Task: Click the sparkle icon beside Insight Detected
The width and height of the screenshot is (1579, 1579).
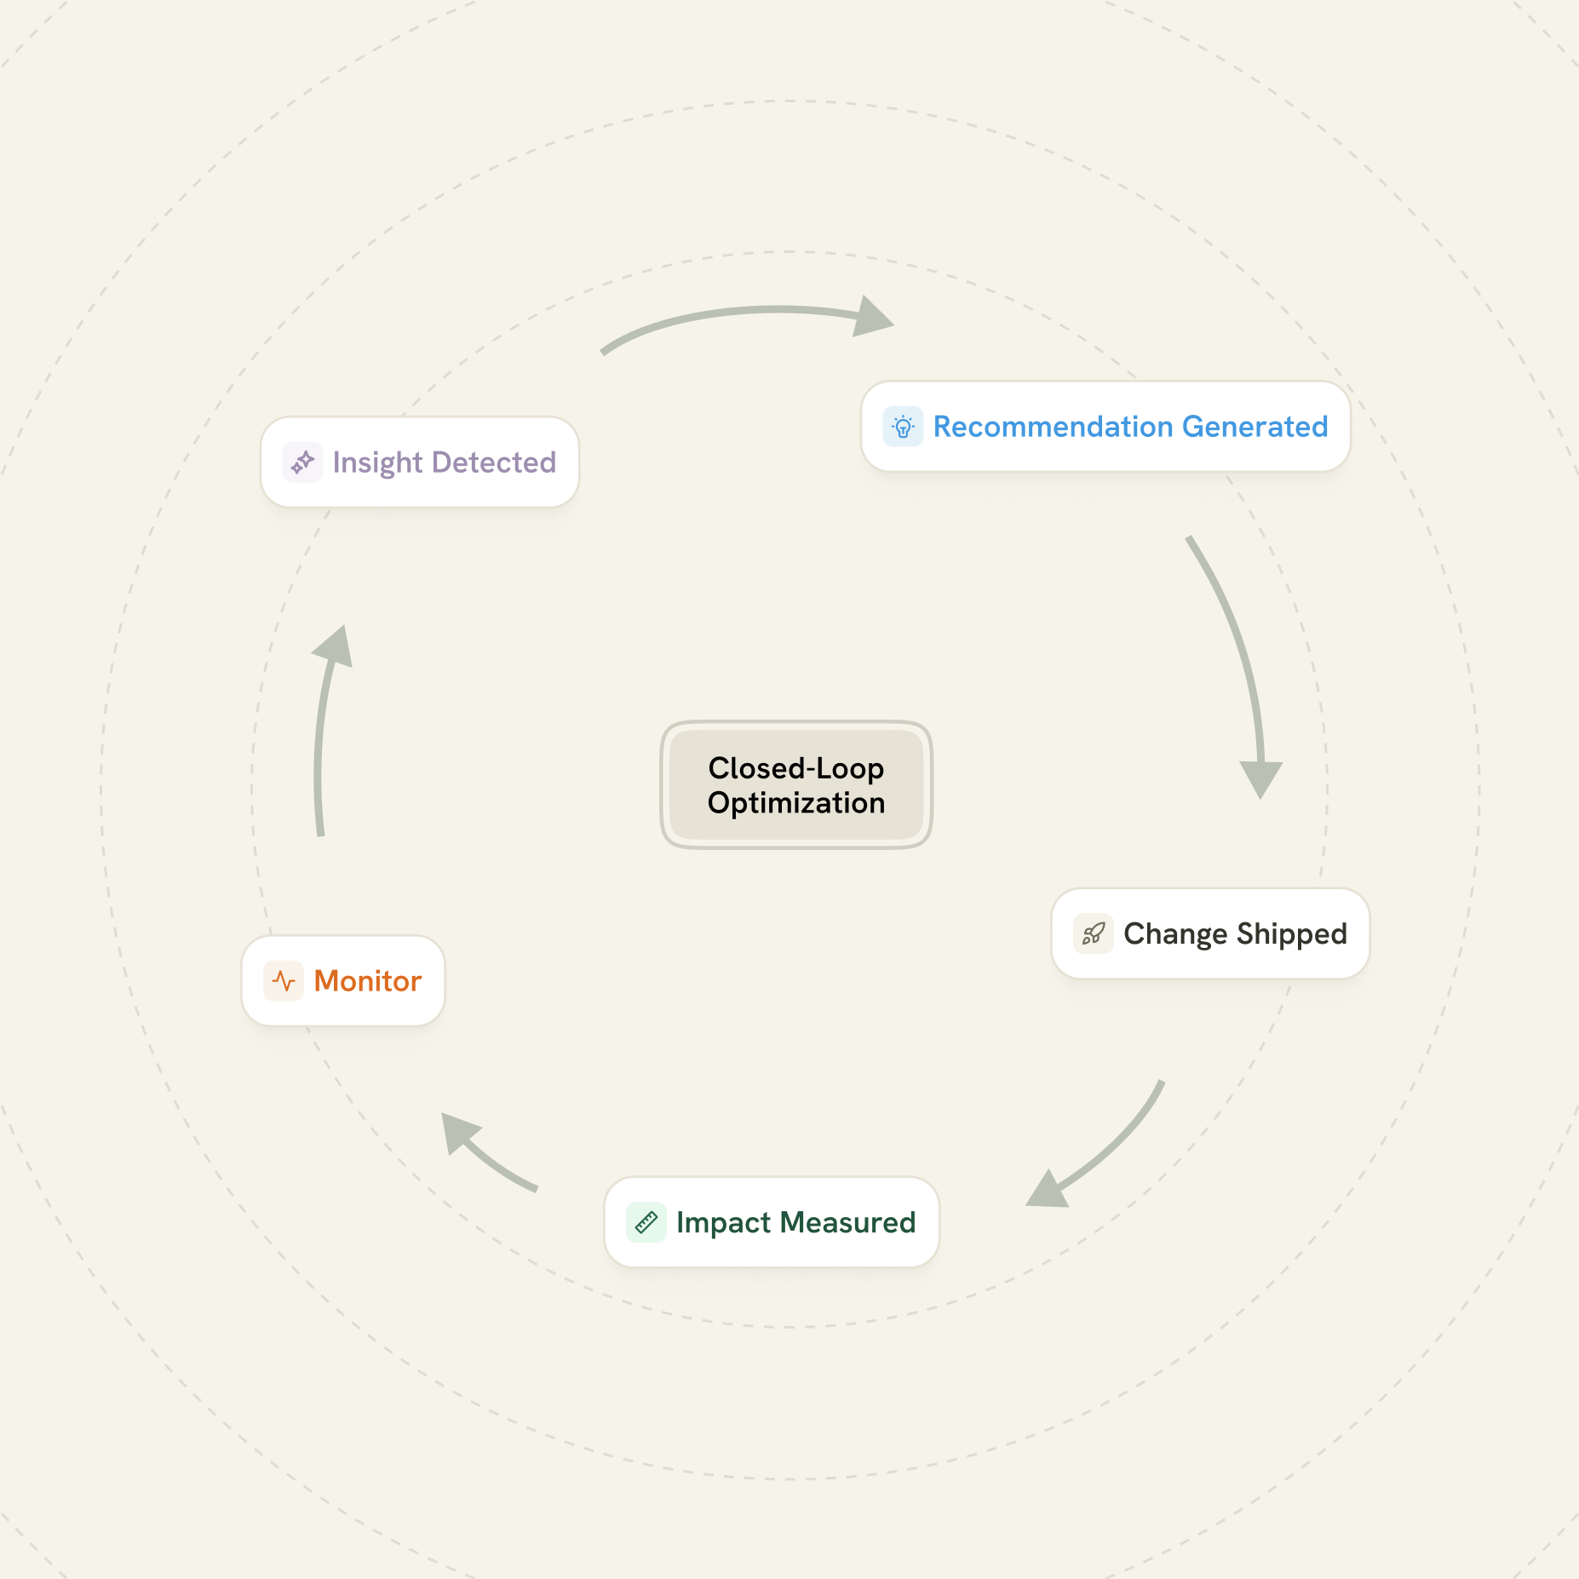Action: (302, 462)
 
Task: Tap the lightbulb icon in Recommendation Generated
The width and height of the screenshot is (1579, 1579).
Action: (903, 427)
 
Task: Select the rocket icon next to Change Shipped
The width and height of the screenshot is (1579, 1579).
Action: (1093, 934)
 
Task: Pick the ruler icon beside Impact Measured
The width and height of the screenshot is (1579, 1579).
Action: (646, 1223)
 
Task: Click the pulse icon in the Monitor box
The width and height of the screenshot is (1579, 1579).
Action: (284, 981)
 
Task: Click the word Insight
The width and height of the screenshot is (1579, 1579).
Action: (377, 462)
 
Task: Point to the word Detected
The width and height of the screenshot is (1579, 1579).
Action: (494, 462)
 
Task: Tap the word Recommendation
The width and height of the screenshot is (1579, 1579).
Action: (1053, 427)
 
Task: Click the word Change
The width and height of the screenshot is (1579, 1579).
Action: (1175, 934)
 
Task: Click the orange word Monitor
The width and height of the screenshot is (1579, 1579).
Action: (368, 981)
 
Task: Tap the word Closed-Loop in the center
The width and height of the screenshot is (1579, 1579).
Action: (796, 768)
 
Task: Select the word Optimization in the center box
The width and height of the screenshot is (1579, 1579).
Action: (796, 803)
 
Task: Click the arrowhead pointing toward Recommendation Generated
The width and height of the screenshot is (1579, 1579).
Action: (872, 318)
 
